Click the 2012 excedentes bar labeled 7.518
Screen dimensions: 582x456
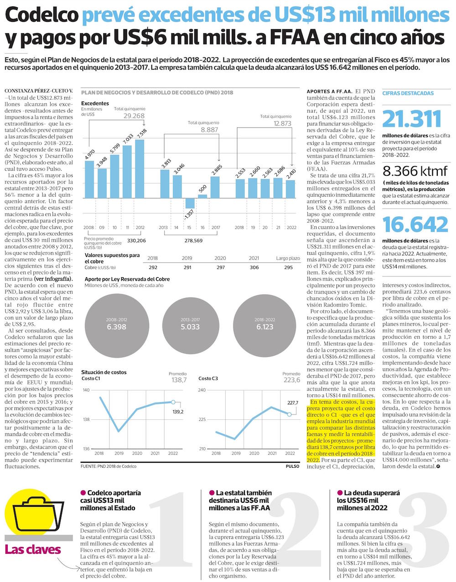(140, 168)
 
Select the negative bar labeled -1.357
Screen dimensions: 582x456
(190, 204)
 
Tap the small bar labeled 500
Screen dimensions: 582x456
(202, 196)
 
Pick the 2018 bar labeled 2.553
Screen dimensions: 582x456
(240, 189)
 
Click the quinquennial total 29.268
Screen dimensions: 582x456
(134, 116)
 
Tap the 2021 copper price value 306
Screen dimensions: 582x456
(254, 268)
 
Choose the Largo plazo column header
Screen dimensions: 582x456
(288, 258)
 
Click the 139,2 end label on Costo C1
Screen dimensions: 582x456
(178, 412)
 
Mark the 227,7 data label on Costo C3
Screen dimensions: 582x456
(293, 403)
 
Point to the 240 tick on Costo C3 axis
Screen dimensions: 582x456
(202, 390)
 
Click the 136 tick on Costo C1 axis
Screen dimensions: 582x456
(86, 449)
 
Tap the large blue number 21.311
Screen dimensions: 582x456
(412, 119)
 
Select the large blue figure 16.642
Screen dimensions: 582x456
(415, 225)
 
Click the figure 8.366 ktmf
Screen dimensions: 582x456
(415, 171)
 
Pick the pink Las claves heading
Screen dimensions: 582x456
(32, 550)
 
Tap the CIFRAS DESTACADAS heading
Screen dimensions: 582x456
(408, 93)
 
